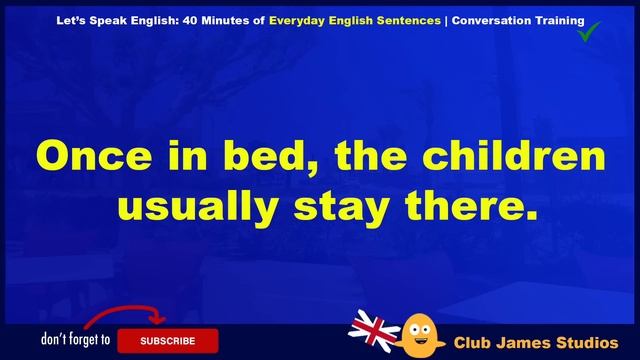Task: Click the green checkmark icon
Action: tap(590, 34)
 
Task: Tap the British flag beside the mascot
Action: tap(374, 329)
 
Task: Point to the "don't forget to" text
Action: tap(76, 340)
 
